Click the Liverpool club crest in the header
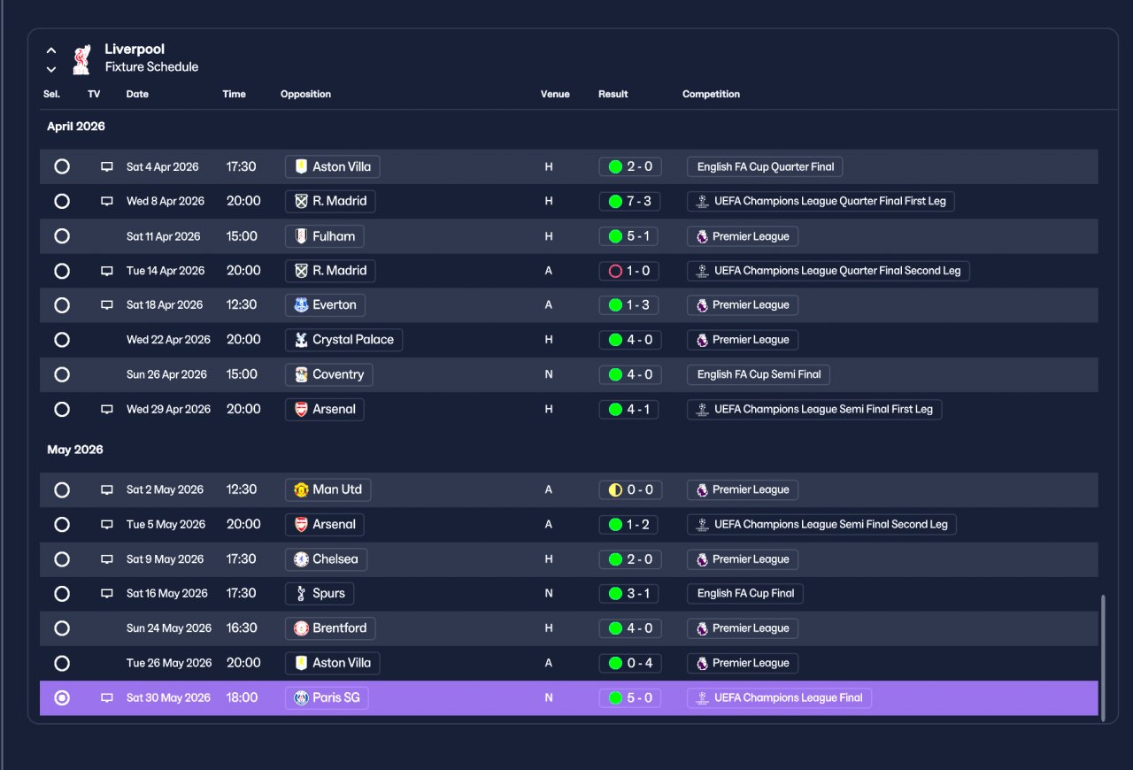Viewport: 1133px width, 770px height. (81, 59)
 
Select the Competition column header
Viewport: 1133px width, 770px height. (711, 94)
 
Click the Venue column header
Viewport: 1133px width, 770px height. (555, 94)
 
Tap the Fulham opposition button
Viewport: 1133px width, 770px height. (325, 236)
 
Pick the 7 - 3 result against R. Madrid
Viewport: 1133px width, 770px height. (629, 202)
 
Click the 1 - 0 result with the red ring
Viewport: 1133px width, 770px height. (629, 271)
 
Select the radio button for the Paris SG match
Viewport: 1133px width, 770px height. (62, 697)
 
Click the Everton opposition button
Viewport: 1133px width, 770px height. (325, 305)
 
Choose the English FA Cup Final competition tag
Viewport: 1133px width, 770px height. (745, 594)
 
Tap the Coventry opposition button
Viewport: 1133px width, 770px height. (328, 374)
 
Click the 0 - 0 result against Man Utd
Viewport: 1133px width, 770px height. (630, 489)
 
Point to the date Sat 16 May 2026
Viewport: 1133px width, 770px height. (167, 594)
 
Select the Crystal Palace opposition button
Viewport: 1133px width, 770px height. (344, 340)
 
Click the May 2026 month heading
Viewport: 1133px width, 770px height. (75, 450)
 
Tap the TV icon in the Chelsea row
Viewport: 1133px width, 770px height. (107, 559)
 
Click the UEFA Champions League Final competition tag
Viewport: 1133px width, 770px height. (779, 697)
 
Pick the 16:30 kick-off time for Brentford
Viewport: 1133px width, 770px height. (242, 628)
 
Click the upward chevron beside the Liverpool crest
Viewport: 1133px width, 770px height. (51, 50)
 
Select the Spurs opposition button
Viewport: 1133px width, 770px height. (320, 594)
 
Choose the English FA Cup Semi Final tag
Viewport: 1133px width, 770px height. (759, 374)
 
